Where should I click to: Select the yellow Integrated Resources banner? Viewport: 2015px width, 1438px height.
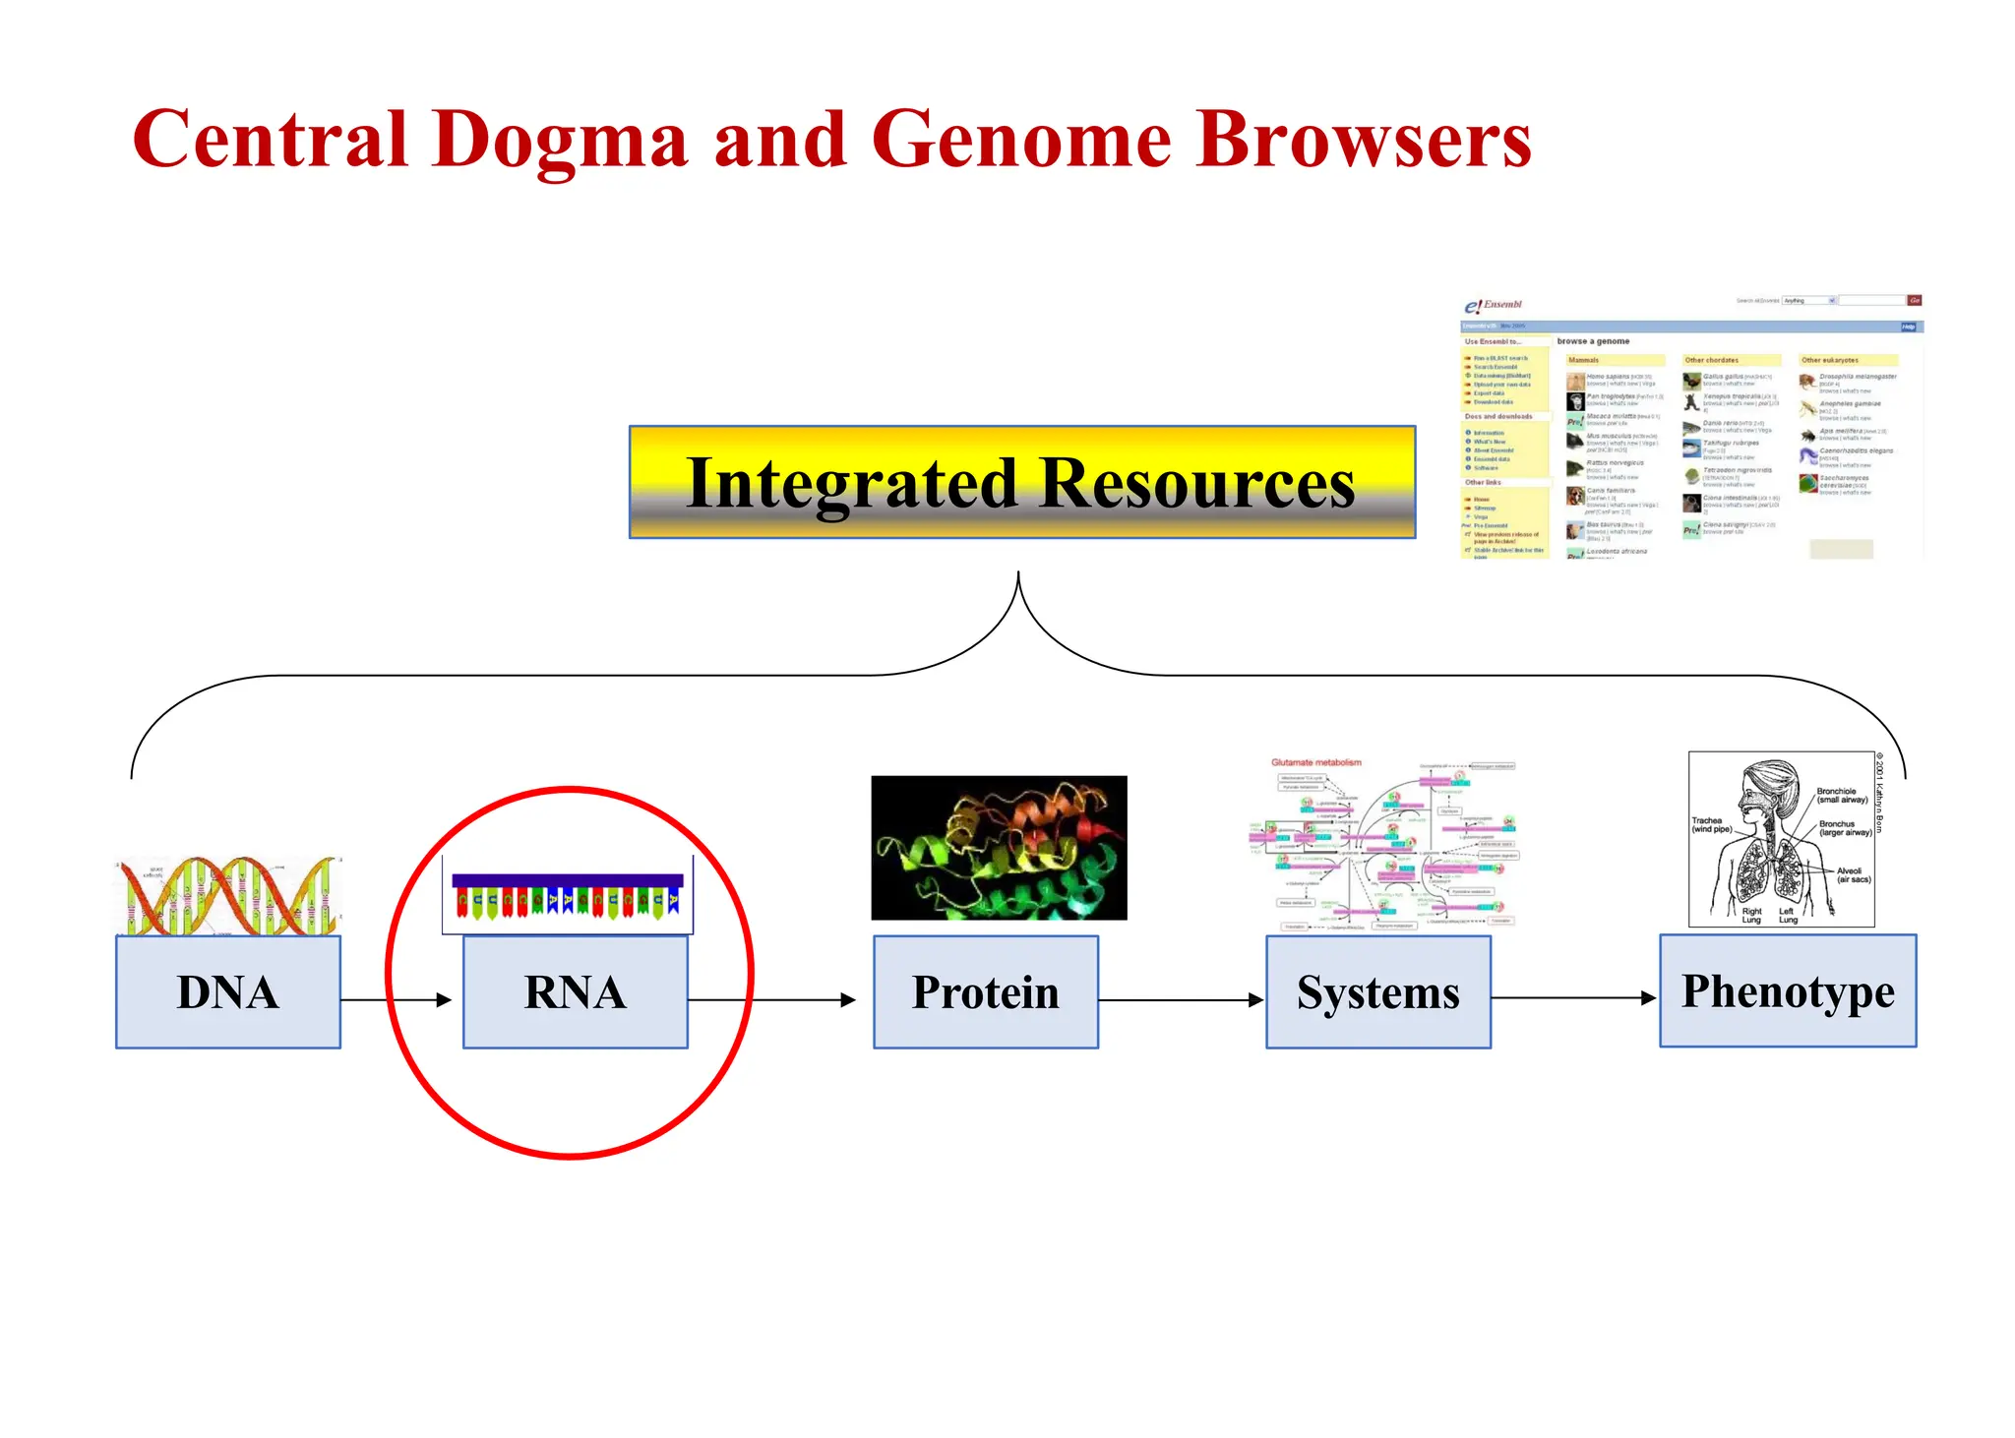coord(1021,482)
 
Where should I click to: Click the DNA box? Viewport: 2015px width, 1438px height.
coord(228,991)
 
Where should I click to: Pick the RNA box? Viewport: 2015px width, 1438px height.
coord(575,991)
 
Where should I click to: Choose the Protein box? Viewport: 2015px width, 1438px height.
coord(985,991)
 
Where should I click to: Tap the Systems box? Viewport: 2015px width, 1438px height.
coord(1377,991)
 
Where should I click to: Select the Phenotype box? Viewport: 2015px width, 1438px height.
coord(1787,990)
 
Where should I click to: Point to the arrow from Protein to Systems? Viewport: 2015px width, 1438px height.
coord(1181,999)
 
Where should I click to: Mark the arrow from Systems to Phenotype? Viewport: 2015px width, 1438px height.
coord(1574,997)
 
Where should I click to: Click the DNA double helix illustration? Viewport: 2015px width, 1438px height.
coord(228,895)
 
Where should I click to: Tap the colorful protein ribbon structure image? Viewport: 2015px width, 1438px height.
coord(999,848)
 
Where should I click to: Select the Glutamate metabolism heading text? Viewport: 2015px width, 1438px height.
coord(1315,762)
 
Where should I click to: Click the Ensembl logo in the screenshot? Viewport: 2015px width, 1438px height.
coord(1493,306)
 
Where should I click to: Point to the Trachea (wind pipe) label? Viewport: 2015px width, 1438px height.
coord(1710,824)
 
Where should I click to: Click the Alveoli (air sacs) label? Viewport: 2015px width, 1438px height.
coord(1852,874)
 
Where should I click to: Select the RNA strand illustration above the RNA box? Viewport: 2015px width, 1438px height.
coord(568,895)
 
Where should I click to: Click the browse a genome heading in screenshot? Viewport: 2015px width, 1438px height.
coord(1593,341)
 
